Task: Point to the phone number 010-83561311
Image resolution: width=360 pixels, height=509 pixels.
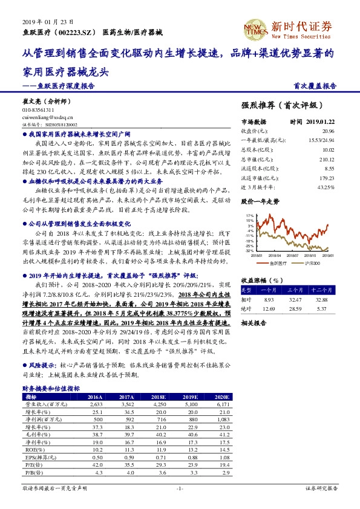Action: pos(38,110)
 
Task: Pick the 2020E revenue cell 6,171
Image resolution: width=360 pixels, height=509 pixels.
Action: pos(223,404)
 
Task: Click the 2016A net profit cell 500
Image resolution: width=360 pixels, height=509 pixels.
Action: pos(97,419)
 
